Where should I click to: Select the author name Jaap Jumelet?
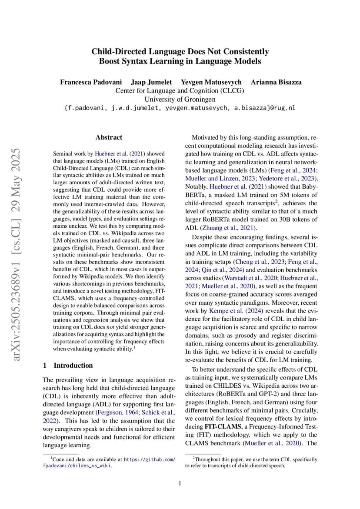[x=151, y=82]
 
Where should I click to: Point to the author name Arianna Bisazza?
[x=276, y=82]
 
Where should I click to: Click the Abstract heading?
[x=109, y=137]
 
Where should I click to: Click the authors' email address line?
[x=180, y=108]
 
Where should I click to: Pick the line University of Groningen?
[x=180, y=99]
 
